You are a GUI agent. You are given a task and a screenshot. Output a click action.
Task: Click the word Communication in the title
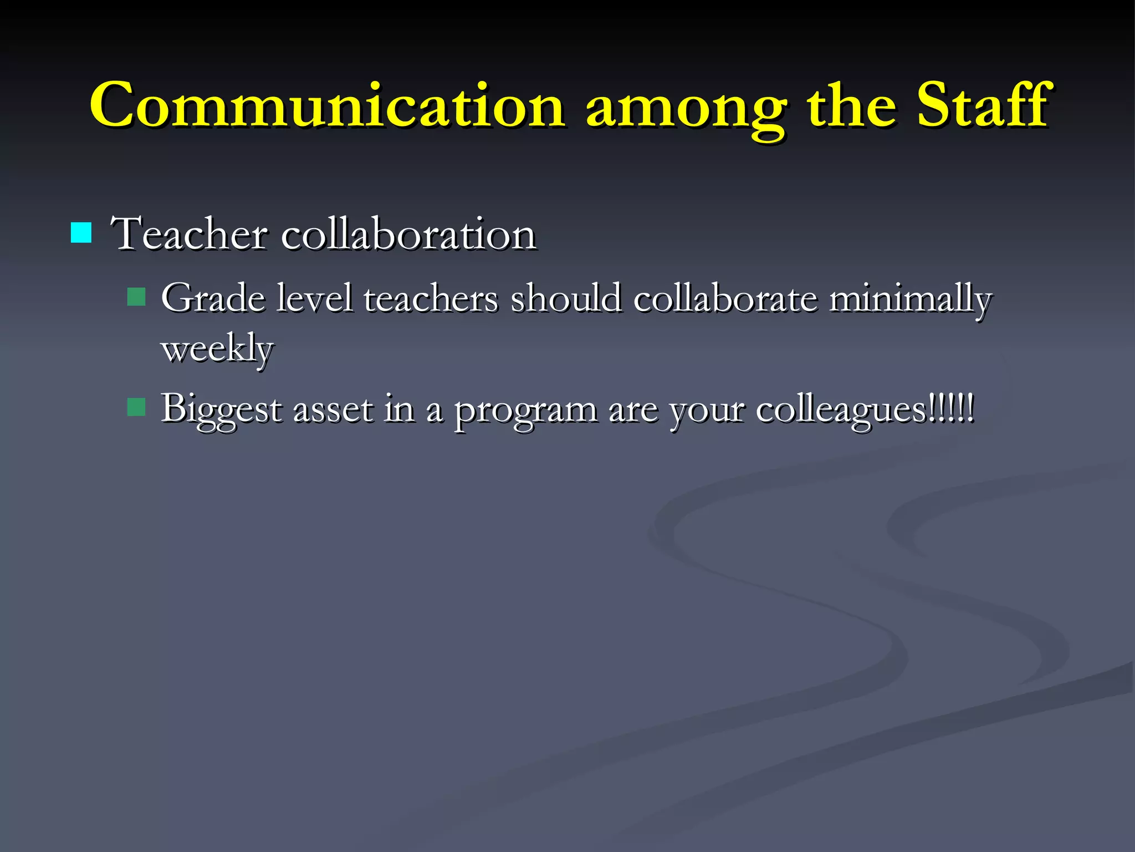327,105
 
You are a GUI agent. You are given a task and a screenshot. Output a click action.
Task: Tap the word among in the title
685,108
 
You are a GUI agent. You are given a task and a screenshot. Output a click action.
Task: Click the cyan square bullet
81,233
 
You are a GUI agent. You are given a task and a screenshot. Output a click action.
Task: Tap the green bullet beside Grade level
136,297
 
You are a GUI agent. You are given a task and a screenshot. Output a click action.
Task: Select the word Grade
213,298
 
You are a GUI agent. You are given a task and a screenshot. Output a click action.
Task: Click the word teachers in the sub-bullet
431,298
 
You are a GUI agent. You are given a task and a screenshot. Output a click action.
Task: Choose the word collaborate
725,298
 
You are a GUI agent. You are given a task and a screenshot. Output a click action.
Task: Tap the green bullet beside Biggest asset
136,408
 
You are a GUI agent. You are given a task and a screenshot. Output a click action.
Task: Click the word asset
333,409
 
